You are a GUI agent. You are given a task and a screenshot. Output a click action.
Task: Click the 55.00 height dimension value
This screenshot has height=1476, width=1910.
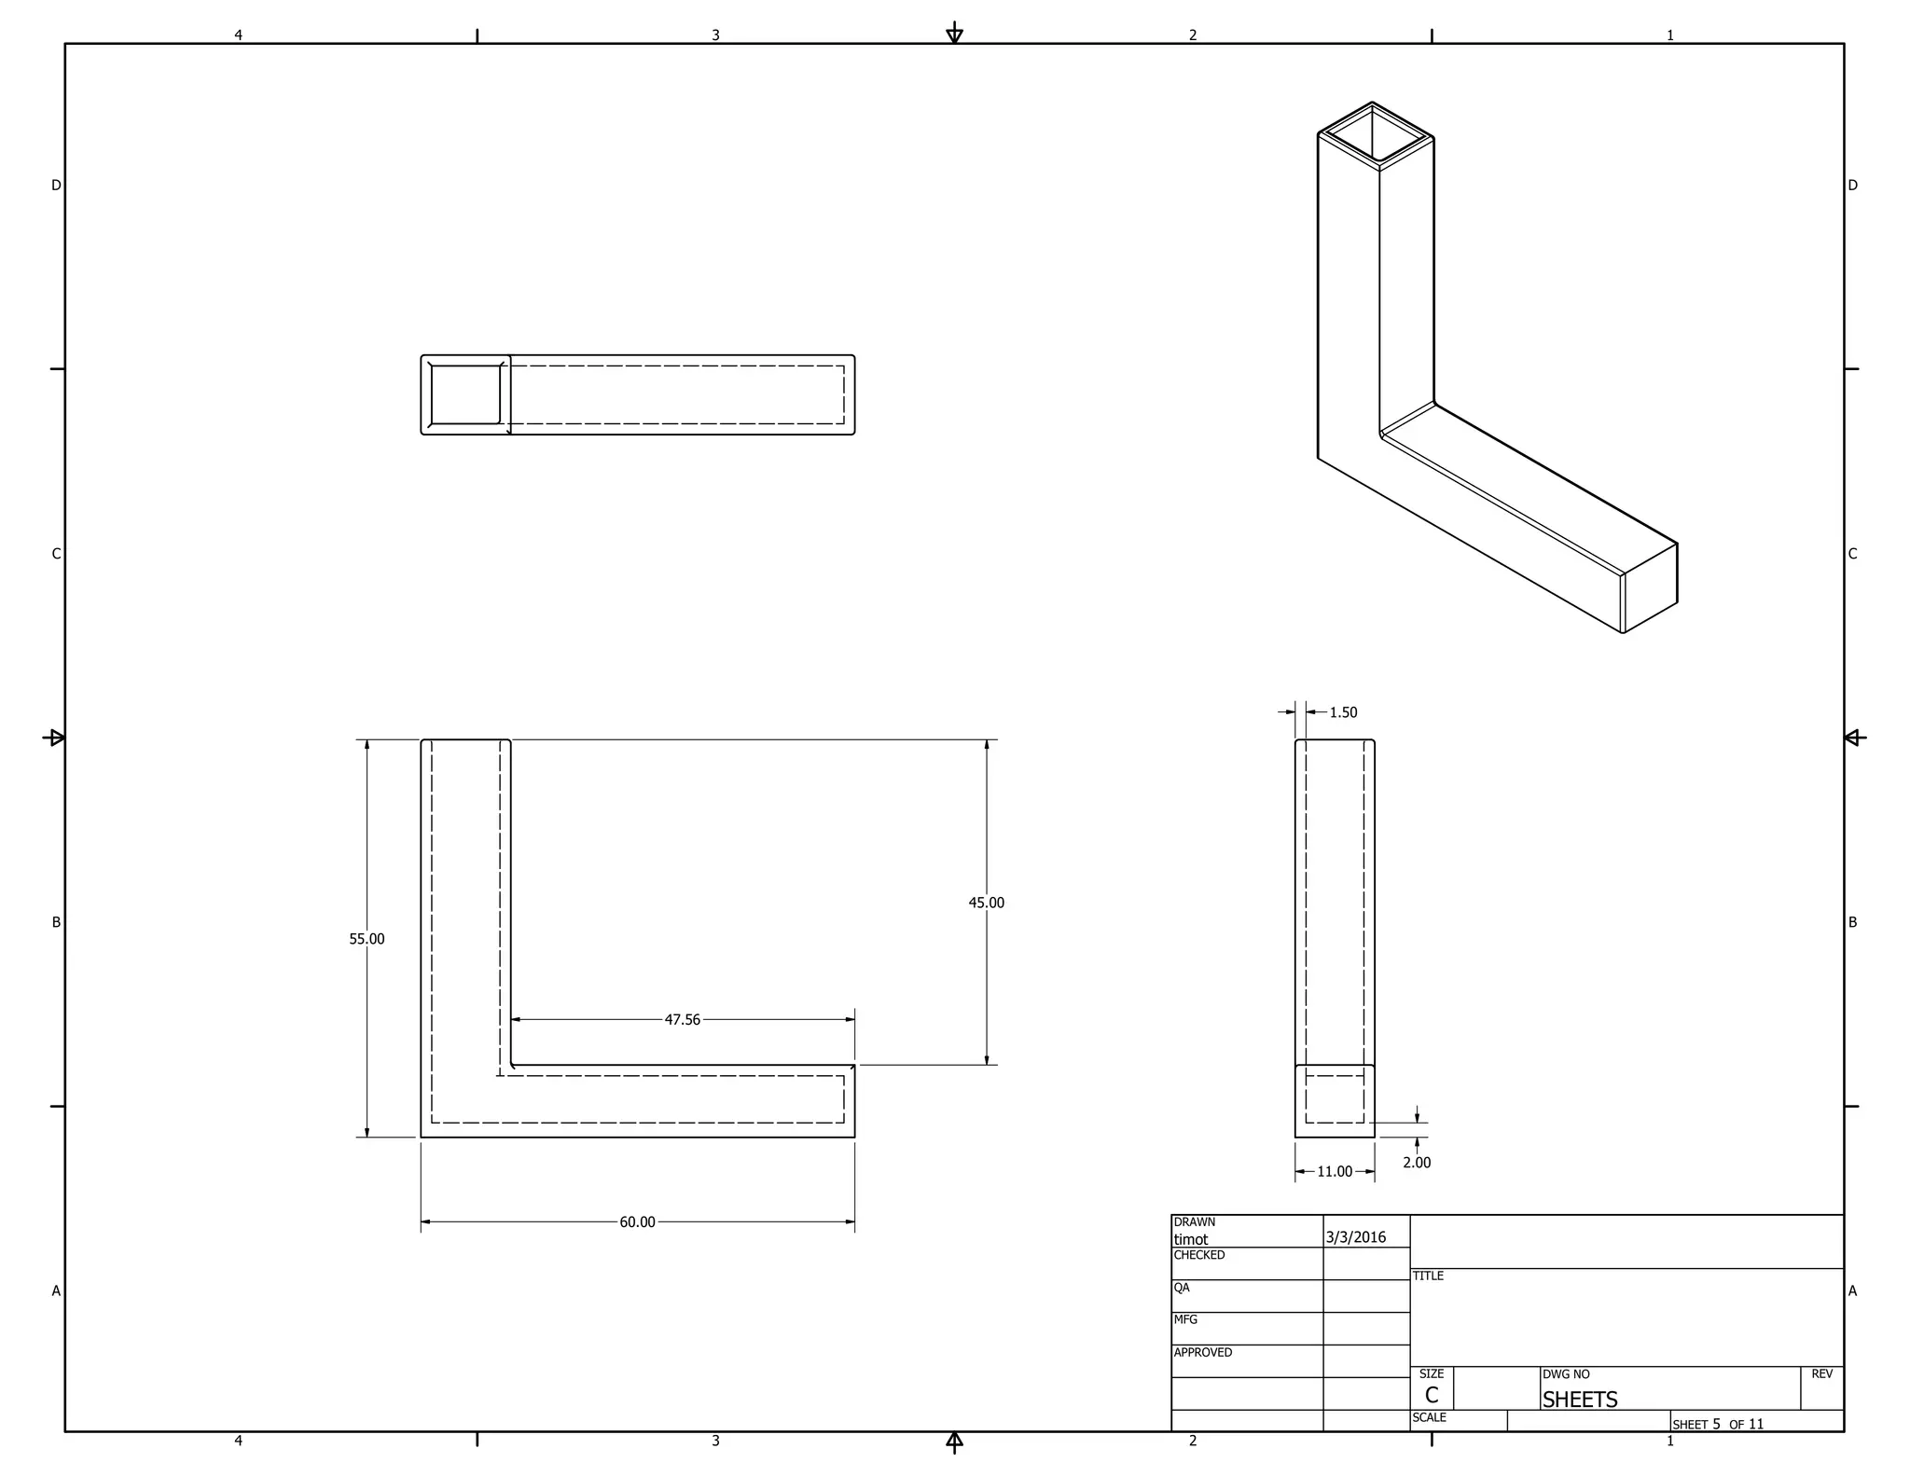[367, 939]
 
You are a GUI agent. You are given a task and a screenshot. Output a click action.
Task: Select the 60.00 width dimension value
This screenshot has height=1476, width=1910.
[637, 1221]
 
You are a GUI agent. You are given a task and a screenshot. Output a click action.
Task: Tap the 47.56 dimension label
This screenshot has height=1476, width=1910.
[682, 1020]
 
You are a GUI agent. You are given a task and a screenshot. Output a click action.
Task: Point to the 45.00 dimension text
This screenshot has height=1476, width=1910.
[986, 903]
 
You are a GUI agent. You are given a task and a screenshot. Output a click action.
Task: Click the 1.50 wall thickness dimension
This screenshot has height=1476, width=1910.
[1343, 712]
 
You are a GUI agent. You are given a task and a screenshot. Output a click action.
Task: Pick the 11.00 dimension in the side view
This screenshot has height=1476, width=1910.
[1334, 1171]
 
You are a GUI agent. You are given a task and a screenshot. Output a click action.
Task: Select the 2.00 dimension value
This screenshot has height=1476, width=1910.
[1416, 1162]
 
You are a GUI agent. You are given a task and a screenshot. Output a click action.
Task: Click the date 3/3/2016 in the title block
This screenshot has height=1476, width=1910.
[1355, 1237]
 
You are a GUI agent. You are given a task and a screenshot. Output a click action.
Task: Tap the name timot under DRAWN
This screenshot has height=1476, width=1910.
[1190, 1239]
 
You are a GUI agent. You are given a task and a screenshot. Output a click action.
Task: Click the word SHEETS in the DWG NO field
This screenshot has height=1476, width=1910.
[1579, 1400]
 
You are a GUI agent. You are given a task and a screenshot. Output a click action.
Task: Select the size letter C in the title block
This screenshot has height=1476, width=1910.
[1431, 1395]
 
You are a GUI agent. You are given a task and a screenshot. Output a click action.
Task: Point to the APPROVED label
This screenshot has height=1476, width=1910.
[1202, 1352]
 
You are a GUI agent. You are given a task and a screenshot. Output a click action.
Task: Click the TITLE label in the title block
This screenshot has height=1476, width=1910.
[1427, 1276]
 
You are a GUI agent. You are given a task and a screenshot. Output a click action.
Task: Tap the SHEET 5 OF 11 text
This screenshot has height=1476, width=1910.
[1717, 1424]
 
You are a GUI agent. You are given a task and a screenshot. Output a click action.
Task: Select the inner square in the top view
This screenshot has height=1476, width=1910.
[465, 394]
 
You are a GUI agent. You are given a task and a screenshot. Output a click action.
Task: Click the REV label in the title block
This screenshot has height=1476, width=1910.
[1820, 1373]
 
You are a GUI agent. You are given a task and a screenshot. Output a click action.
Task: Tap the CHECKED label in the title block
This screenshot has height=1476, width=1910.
[1198, 1255]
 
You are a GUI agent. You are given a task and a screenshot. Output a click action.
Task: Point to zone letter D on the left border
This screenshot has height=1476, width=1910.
[56, 186]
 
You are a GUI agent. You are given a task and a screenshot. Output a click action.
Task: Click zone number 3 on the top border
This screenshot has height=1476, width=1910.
[715, 35]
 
